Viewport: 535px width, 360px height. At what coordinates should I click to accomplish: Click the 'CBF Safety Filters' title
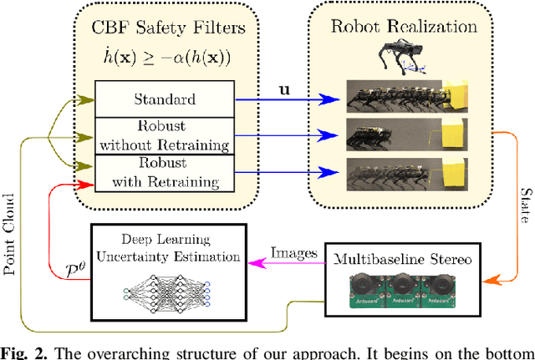click(x=165, y=28)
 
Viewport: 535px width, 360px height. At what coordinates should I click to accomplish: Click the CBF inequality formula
click(x=165, y=56)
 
